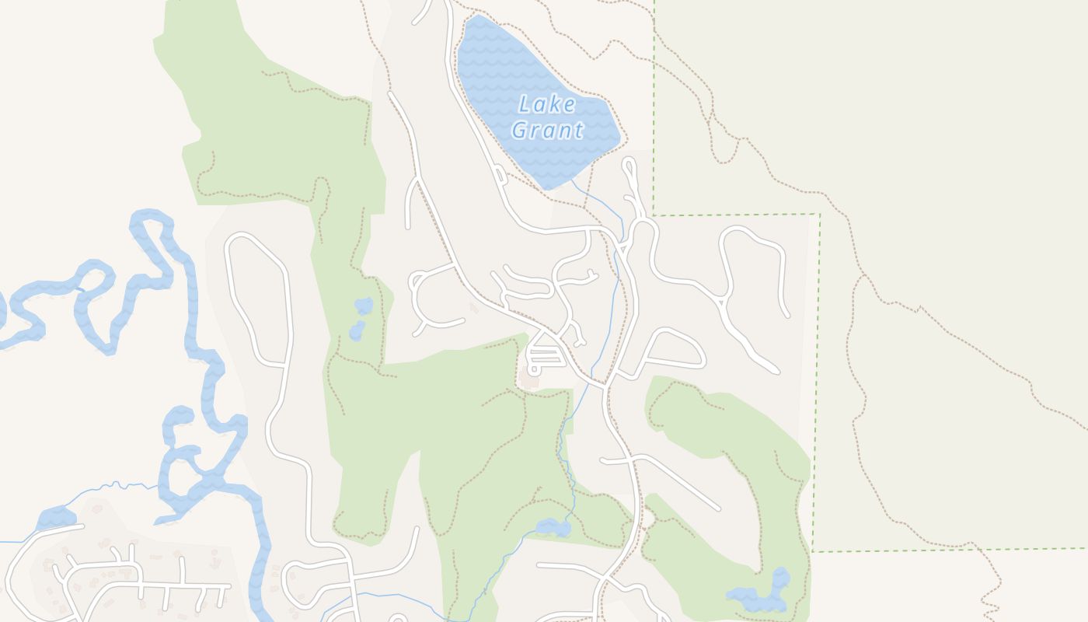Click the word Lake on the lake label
pyautogui.click(x=547, y=104)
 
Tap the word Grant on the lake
pyautogui.click(x=547, y=130)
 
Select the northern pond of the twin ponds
pyautogui.click(x=364, y=306)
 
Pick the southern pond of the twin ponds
pyautogui.click(x=357, y=332)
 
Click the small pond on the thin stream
pyautogui.click(x=553, y=528)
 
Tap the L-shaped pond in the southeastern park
pyautogui.click(x=762, y=596)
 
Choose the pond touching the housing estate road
pyautogui.click(x=56, y=517)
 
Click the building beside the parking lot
pyautogui.click(x=531, y=383)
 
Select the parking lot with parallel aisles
pyautogui.click(x=544, y=357)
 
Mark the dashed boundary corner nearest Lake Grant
pyautogui.click(x=654, y=215)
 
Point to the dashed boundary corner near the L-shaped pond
pyautogui.click(x=813, y=551)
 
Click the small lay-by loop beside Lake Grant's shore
pyautogui.click(x=500, y=174)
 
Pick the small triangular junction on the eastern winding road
pyautogui.click(x=724, y=302)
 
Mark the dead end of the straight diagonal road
pyautogui.click(x=717, y=508)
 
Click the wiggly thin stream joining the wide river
pyautogui.click(x=117, y=487)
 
